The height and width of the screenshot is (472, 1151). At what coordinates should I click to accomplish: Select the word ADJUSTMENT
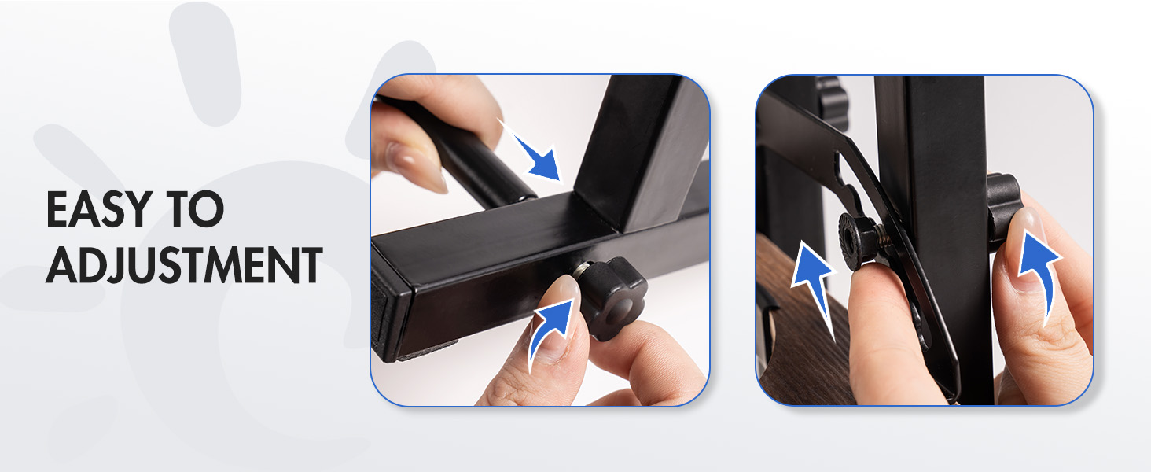tap(184, 264)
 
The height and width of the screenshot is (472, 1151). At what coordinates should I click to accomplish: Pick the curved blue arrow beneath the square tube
tap(550, 332)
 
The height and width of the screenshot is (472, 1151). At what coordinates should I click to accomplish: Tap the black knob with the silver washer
tap(612, 297)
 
